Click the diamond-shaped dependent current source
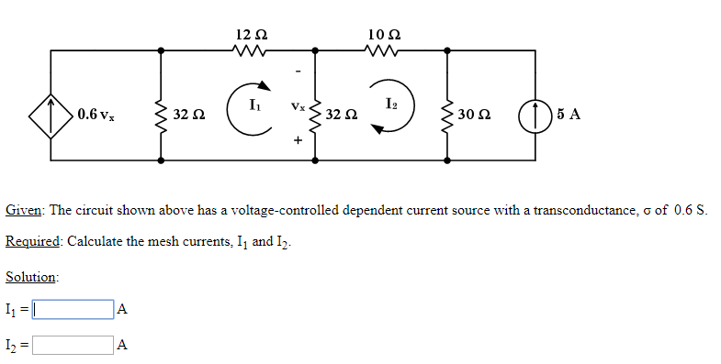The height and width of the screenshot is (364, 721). coord(51,115)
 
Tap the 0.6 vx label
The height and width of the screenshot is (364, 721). coord(96,115)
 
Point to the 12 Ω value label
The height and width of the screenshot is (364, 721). coord(251,34)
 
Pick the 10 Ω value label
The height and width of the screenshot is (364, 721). coord(382,34)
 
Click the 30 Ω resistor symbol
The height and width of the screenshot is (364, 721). coord(446,115)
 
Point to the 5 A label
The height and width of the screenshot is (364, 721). coord(569,115)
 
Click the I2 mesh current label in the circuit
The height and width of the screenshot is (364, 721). coord(392,101)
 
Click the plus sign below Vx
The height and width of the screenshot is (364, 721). coord(297,141)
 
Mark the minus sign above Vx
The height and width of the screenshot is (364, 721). coord(297,73)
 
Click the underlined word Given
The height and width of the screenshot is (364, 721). coord(24,210)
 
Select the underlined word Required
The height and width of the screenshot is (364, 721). coord(33,241)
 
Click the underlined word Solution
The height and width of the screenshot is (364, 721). coord(31,276)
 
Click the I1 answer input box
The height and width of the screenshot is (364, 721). coord(73,310)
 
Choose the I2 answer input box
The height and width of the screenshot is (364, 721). coord(73,346)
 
